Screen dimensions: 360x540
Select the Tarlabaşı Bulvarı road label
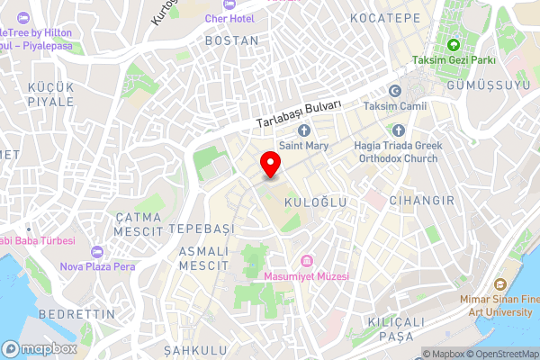coord(299,113)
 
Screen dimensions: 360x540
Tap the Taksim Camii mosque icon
coord(394,91)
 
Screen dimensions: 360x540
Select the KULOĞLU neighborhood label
coord(315,203)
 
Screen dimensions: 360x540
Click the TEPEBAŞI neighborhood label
coord(202,229)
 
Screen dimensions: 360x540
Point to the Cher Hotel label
coord(229,18)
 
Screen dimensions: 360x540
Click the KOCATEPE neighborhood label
coord(385,18)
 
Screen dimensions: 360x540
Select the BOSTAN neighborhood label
coord(231,40)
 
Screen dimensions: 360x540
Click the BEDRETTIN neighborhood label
coord(78,314)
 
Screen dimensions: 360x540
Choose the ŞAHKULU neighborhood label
coord(192,348)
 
